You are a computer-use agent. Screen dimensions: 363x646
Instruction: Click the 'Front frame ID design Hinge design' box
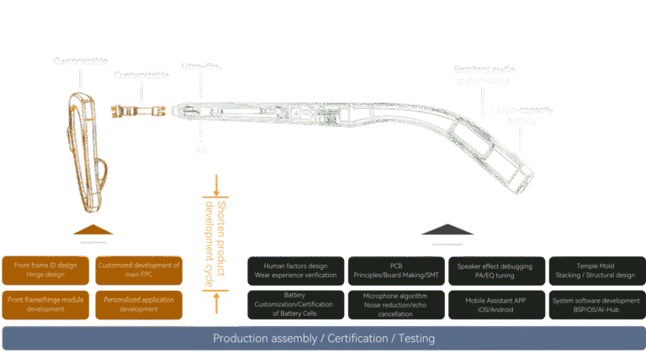[45, 271]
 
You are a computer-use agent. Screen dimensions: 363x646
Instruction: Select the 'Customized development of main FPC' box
[139, 271]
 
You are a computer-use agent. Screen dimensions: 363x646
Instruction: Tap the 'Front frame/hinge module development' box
[45, 304]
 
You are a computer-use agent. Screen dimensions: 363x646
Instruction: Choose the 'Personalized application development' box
[139, 304]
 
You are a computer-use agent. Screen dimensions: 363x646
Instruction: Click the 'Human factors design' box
[295, 271]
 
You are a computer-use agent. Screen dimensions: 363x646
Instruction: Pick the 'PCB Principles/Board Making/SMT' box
[395, 271]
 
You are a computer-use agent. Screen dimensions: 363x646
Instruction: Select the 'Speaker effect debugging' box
[495, 271]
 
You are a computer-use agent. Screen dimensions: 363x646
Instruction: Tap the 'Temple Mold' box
[594, 271]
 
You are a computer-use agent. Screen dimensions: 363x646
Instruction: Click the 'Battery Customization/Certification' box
[295, 304]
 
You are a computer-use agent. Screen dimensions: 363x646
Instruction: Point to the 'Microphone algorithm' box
[395, 304]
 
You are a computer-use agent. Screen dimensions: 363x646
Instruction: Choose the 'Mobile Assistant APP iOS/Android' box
[495, 304]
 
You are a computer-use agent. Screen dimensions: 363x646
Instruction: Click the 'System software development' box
[594, 304]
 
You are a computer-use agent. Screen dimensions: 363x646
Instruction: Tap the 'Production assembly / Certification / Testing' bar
[323, 339]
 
